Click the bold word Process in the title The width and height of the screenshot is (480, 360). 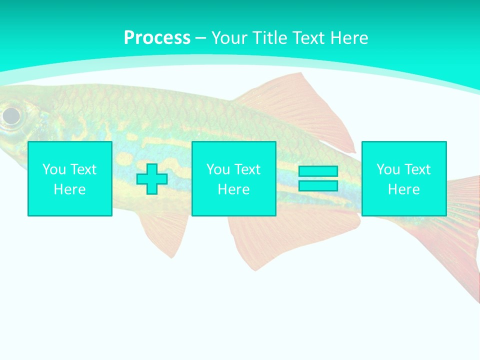tap(157, 38)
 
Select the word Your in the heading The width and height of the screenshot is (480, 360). tap(229, 38)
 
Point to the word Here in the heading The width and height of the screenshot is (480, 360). tap(349, 38)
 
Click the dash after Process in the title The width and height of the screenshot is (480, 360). tap(200, 38)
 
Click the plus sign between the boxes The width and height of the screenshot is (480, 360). tap(152, 178)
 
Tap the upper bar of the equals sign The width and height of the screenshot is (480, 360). tap(318, 171)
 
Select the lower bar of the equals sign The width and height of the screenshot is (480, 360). tap(318, 185)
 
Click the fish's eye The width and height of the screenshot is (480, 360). tap(11, 116)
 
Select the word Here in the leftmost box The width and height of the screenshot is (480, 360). tap(70, 189)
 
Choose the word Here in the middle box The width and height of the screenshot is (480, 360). tap(234, 189)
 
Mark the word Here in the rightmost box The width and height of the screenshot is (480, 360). tap(404, 189)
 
